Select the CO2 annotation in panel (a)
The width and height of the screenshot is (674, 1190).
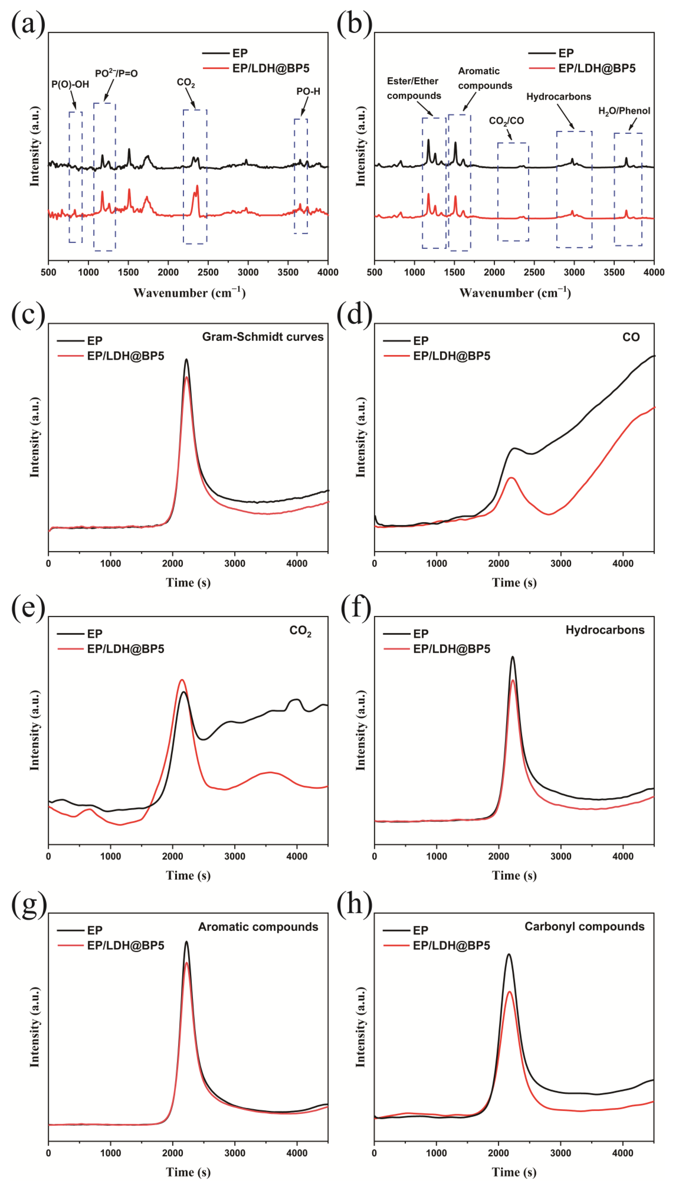(186, 82)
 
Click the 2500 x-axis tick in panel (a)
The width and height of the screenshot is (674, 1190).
(208, 272)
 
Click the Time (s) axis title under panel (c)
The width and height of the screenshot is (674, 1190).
(188, 583)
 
